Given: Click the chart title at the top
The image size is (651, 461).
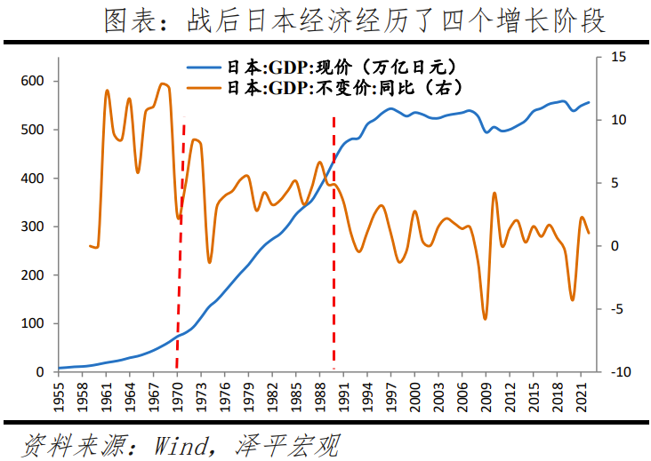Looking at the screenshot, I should pos(355,20).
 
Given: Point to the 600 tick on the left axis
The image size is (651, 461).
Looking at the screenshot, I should pos(36,82).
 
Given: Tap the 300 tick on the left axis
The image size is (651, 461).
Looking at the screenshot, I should pos(36,227).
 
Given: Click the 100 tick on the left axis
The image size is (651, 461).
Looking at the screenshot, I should pos(36,323).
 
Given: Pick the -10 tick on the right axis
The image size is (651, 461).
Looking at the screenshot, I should pos(620,372).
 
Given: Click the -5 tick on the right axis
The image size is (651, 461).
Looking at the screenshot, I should pos(618,309).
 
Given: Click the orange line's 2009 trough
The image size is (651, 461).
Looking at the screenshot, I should pos(485,318).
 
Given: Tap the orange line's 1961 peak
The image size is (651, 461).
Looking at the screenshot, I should pos(107,91).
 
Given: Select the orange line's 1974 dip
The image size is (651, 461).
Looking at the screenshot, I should pos(210,262).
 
